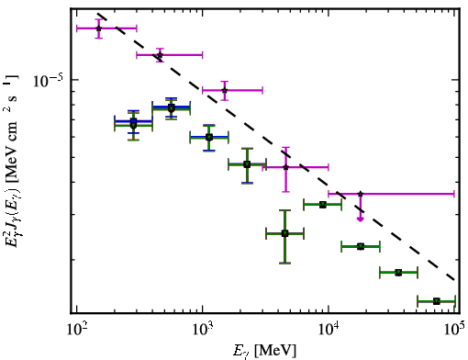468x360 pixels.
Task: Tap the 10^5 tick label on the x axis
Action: (453, 330)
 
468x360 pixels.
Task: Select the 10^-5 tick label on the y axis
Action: (49, 81)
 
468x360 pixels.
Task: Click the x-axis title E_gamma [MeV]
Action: (264, 351)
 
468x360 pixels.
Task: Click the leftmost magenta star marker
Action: (98, 28)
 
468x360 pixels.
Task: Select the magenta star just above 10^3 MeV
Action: (225, 90)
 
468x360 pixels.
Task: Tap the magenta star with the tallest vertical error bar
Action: (285, 167)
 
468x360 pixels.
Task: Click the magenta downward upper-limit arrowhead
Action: (361, 219)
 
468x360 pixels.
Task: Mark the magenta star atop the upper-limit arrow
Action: (361, 194)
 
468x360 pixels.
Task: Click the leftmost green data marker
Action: (133, 125)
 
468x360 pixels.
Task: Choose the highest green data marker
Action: (172, 108)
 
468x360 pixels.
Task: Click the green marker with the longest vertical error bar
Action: (284, 234)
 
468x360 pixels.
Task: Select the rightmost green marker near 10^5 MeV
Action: (437, 301)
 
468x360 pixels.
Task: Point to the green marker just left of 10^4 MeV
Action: (322, 205)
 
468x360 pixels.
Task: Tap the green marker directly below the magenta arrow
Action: (361, 246)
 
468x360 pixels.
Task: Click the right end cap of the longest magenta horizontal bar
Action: (454, 194)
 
